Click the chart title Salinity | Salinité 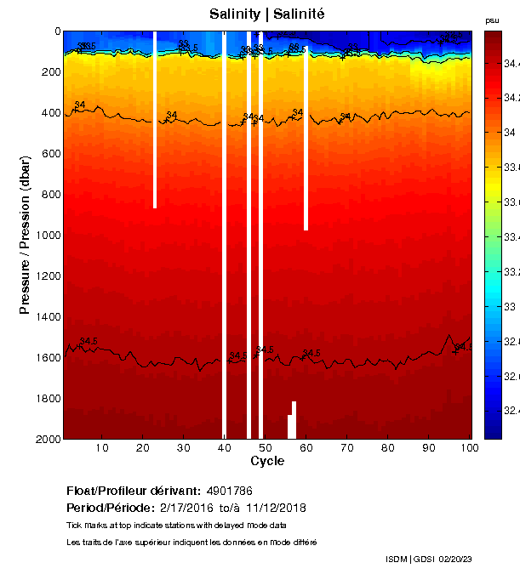(266, 14)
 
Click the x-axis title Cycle (267, 461)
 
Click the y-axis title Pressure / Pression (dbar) (25, 234)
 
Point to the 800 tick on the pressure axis (52, 195)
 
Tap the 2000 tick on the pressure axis (49, 439)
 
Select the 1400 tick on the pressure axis (49, 316)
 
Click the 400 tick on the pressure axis (52, 113)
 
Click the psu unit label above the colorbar (492, 20)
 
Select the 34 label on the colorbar (509, 133)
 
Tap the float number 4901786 (230, 492)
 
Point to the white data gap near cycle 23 (155, 119)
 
